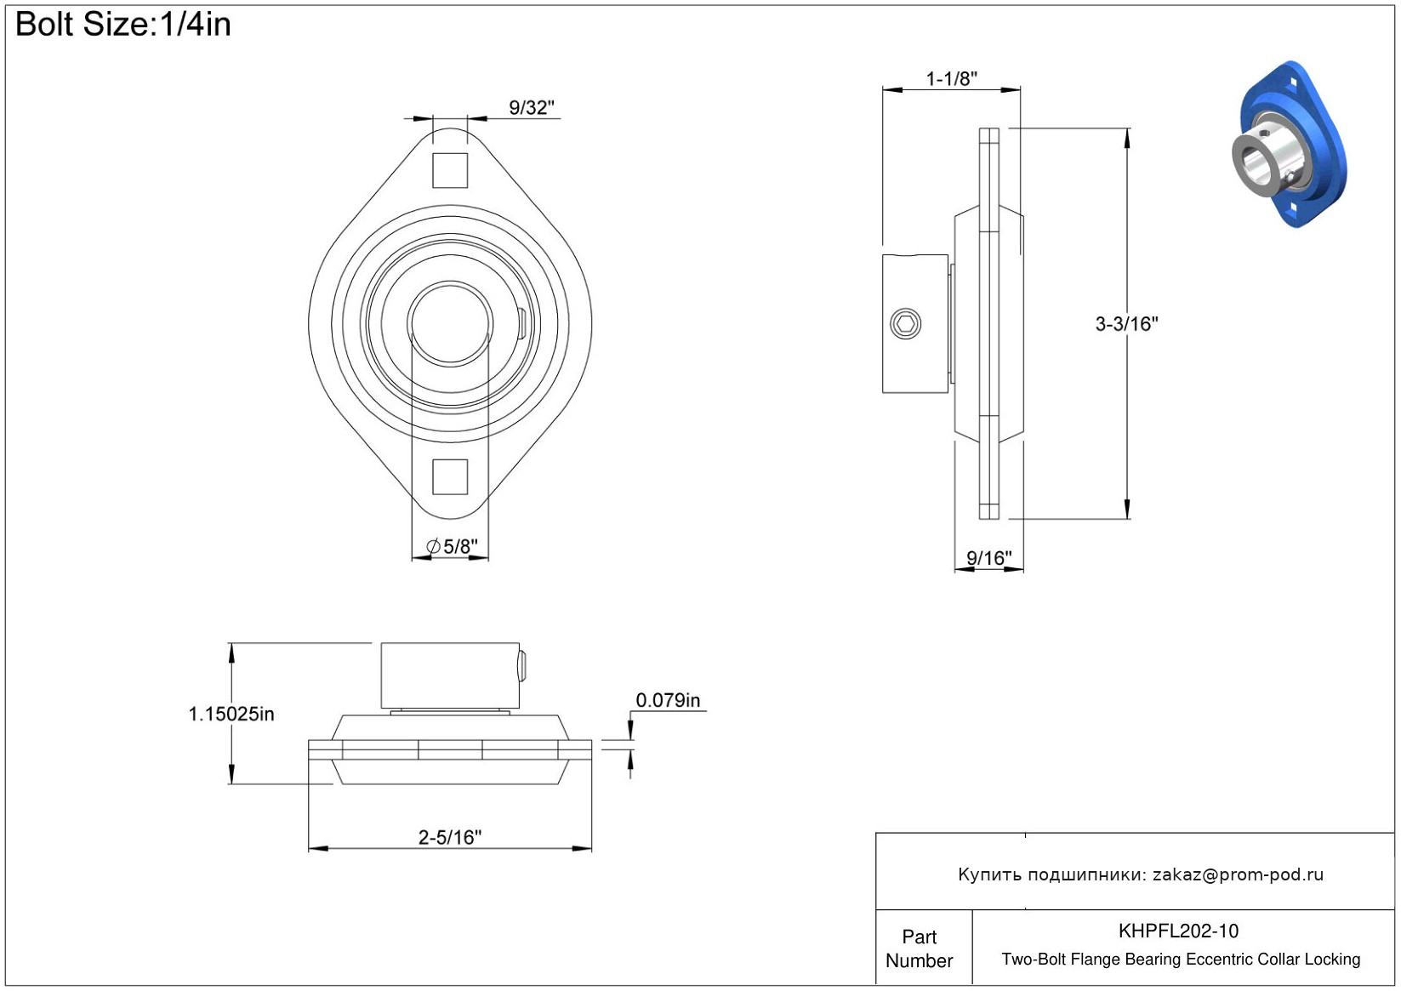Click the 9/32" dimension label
(x=531, y=108)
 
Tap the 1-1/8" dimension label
(x=951, y=79)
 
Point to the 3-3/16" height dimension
(x=1126, y=323)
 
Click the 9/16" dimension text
(x=988, y=557)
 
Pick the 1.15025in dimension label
(x=231, y=714)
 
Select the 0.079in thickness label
(x=668, y=700)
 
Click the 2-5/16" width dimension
(x=450, y=837)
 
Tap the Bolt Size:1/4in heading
(x=123, y=25)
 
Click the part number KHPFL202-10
(x=1178, y=931)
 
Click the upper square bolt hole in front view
(x=450, y=170)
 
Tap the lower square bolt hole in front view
(x=450, y=476)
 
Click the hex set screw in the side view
(x=905, y=323)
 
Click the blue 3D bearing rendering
(x=1292, y=144)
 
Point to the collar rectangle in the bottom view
(x=450, y=676)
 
